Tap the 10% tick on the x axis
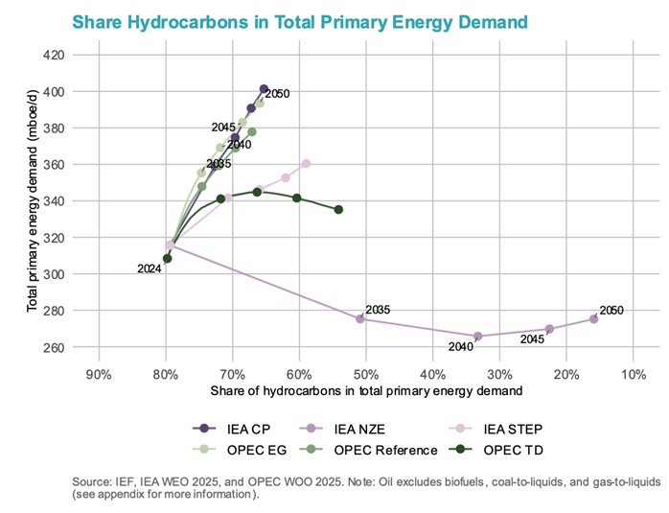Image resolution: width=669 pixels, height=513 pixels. click(634, 374)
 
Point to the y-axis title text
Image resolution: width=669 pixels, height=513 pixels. click(32, 200)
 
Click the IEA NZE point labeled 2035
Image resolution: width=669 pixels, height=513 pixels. click(360, 318)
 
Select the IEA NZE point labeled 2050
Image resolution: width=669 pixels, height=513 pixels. click(593, 318)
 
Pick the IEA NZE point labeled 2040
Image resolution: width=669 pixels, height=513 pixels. click(477, 337)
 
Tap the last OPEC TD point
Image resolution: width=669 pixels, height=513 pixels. click(338, 209)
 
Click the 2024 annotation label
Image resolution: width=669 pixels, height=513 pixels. click(149, 269)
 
